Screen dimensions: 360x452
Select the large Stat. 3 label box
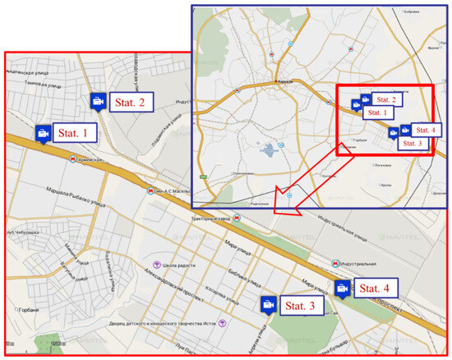tap(303, 305)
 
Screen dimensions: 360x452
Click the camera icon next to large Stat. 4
tap(343, 288)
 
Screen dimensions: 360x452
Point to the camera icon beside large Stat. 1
tap(43, 132)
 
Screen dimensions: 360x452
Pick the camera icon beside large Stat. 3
tap(267, 304)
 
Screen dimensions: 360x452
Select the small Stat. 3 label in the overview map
tap(414, 142)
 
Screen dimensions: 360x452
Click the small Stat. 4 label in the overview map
tap(426, 130)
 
